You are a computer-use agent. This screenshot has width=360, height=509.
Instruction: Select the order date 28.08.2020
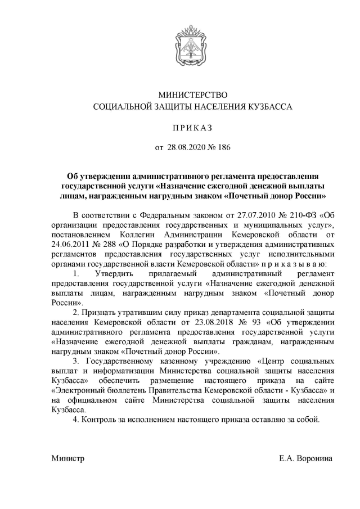[x=187, y=148]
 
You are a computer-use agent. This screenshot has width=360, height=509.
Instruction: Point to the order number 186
[x=224, y=148]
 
